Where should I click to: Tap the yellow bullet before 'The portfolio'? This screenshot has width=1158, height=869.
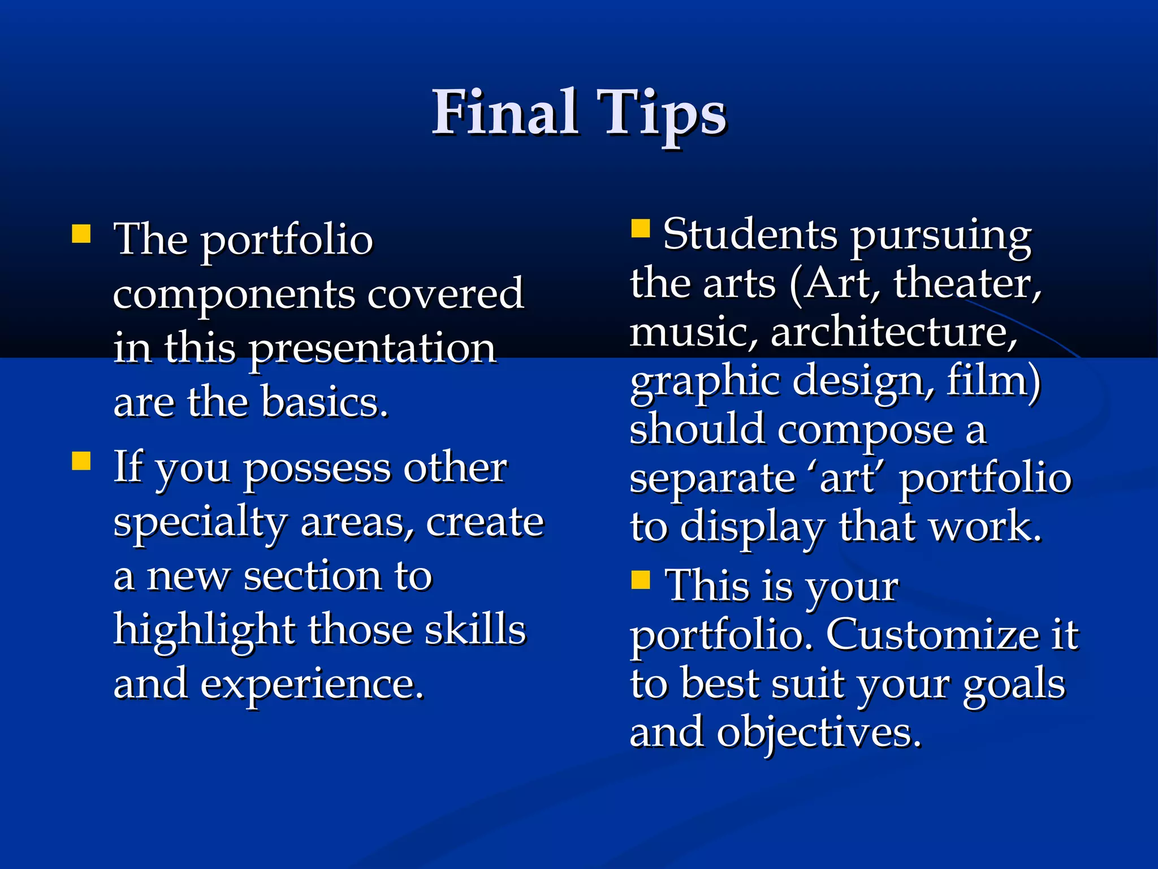coord(81,234)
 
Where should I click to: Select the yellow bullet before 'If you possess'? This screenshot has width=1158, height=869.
coord(81,461)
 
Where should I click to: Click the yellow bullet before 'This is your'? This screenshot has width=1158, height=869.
coord(641,579)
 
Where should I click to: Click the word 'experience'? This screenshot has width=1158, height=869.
coord(311,683)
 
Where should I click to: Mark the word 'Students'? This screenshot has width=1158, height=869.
coord(750,234)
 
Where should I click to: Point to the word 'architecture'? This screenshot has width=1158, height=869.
coord(893,332)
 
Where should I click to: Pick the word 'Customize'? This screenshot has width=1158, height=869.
coord(932,634)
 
